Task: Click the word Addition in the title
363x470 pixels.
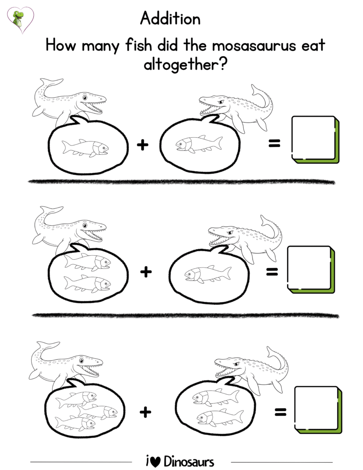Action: [170, 18]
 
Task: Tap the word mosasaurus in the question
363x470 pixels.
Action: [254, 46]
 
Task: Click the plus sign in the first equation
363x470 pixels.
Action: [143, 145]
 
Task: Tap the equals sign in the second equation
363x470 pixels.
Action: [272, 272]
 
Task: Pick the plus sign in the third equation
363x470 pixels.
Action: [145, 412]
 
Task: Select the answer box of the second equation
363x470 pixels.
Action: [311, 269]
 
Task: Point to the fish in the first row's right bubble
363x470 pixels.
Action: [199, 144]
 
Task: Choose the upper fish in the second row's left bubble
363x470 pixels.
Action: [87, 262]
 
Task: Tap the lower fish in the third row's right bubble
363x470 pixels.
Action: [220, 418]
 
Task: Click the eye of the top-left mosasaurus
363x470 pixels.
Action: [85, 98]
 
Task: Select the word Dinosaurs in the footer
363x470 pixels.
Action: [189, 461]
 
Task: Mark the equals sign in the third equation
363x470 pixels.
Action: [280, 413]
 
